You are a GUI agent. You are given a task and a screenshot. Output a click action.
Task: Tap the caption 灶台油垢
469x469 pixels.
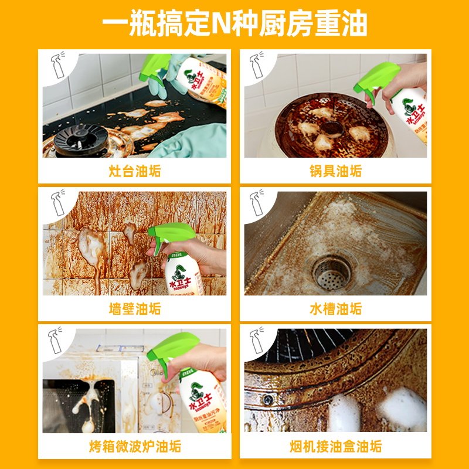tap(135, 171)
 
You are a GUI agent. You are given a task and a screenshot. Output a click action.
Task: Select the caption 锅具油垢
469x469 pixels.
tap(336, 171)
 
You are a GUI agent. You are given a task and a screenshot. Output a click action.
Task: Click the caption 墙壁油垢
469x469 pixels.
tap(135, 309)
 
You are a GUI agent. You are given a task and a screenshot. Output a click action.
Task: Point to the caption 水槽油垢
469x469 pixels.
tap(336, 309)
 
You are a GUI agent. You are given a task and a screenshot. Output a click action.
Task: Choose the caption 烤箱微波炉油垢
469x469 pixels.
tap(135, 447)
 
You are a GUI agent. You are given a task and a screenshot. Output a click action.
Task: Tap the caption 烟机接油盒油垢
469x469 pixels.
tap(336, 447)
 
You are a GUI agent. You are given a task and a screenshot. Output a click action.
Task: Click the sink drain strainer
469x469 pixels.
tap(331, 273)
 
